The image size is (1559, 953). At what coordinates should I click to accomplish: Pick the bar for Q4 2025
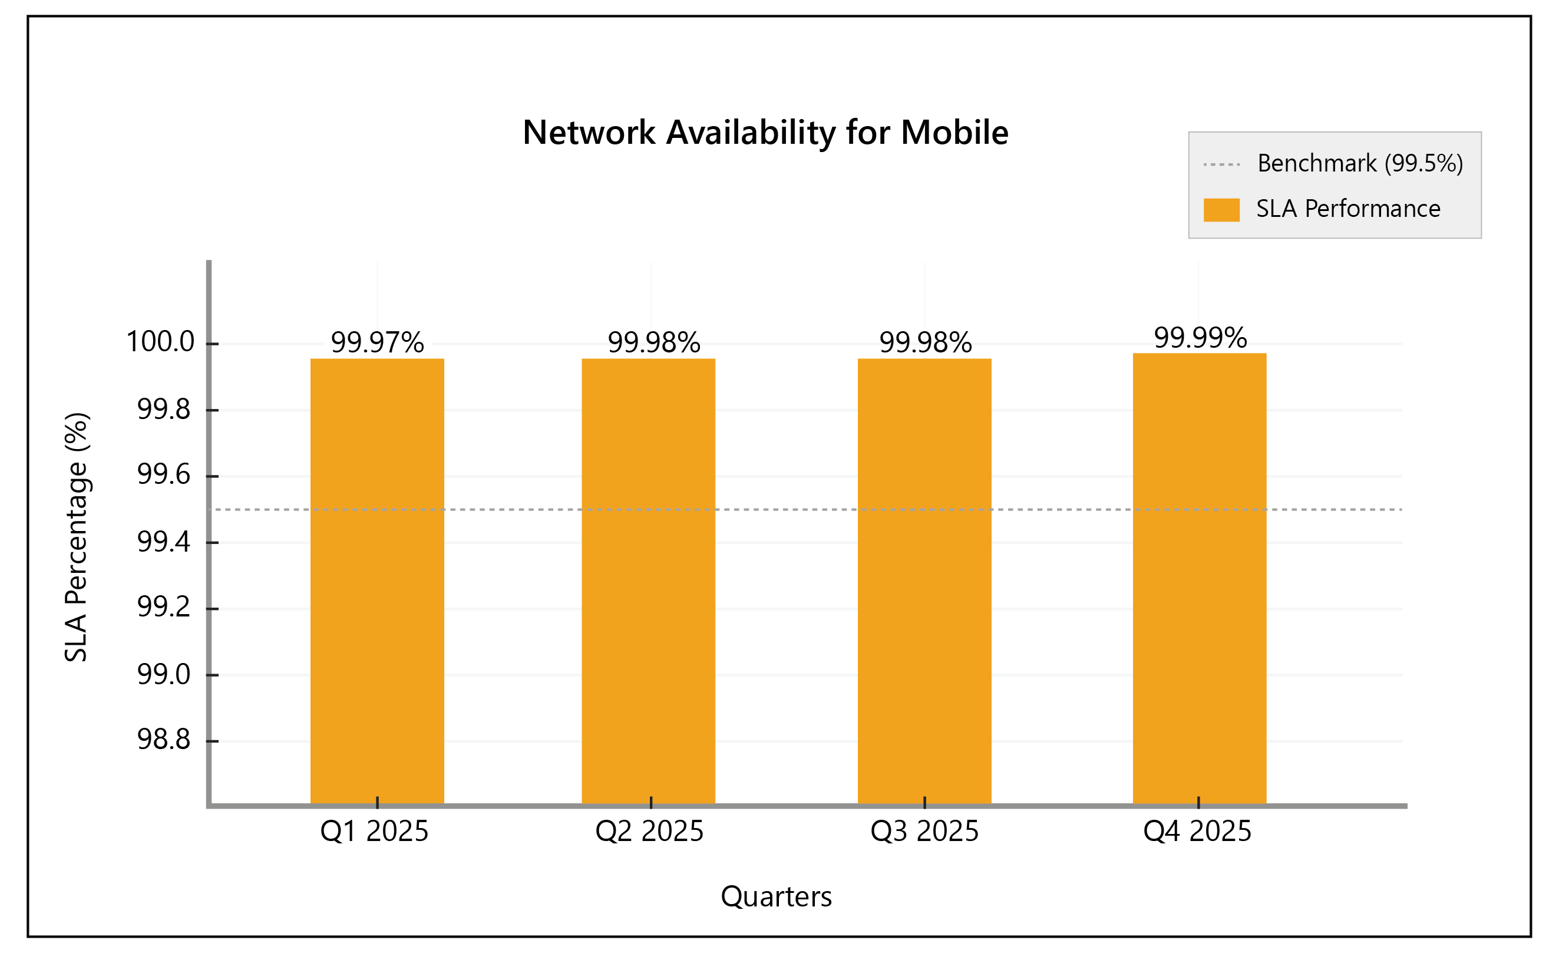tap(1200, 578)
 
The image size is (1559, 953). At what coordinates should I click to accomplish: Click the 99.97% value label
tap(377, 343)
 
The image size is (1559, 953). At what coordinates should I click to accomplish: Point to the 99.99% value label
tap(1200, 338)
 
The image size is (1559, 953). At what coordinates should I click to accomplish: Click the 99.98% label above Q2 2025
tap(653, 343)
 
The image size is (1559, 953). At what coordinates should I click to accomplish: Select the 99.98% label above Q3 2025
tap(925, 343)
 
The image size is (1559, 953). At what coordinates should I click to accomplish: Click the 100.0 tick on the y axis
tap(161, 342)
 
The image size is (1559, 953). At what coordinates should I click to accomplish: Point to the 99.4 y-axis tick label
tap(164, 542)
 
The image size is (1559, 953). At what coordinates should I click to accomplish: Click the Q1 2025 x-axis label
tap(375, 832)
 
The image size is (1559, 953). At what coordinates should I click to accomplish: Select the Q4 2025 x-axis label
tap(1197, 832)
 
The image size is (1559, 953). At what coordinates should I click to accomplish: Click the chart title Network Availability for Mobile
tap(765, 133)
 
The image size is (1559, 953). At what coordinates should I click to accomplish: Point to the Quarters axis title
tap(777, 896)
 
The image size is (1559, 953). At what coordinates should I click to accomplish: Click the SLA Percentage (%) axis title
tap(77, 537)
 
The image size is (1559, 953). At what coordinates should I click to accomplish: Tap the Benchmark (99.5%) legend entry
tap(1360, 164)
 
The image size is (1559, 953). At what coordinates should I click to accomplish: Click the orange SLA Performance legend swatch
tap(1221, 209)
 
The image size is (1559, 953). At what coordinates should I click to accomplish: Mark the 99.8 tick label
tap(164, 410)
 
